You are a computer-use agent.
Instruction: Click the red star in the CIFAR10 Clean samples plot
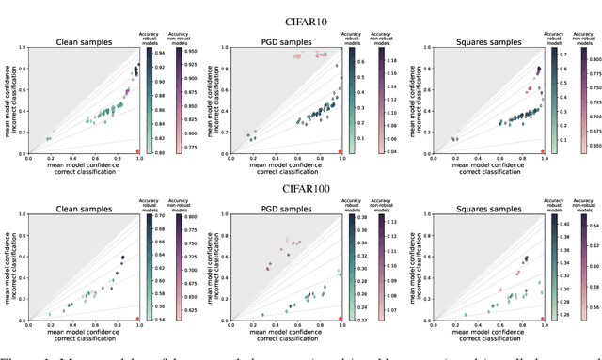point(139,150)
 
